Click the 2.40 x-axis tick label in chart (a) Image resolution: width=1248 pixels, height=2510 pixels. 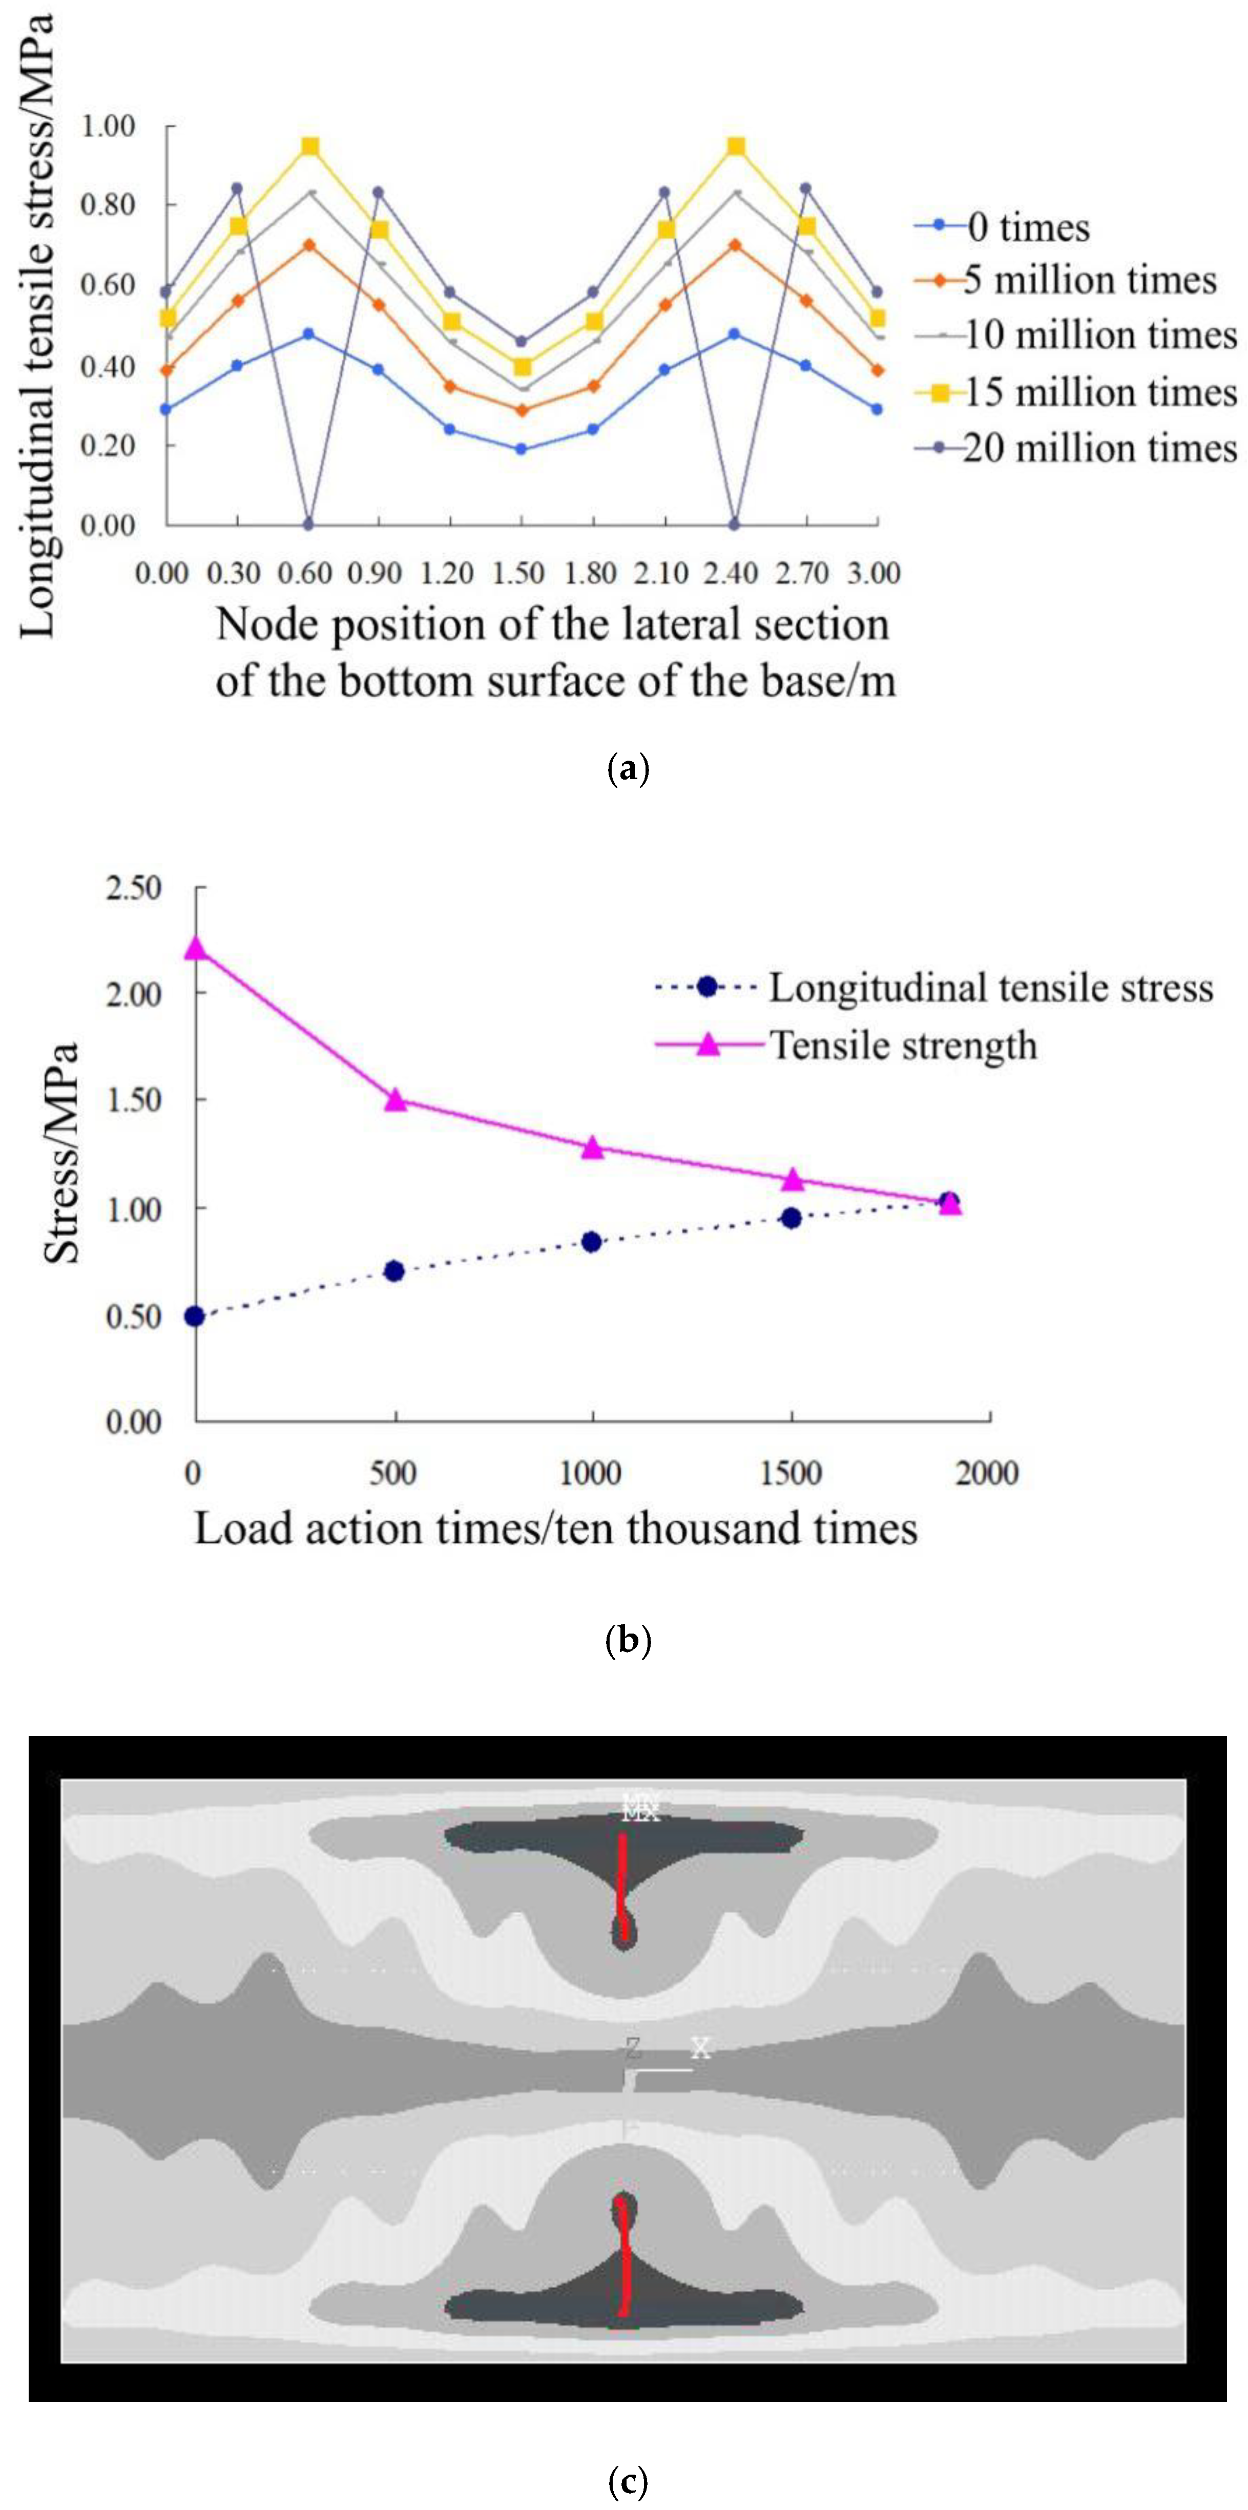coord(733,573)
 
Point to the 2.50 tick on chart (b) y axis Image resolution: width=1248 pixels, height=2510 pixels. coord(134,889)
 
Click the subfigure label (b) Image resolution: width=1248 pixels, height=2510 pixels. coord(627,1641)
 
